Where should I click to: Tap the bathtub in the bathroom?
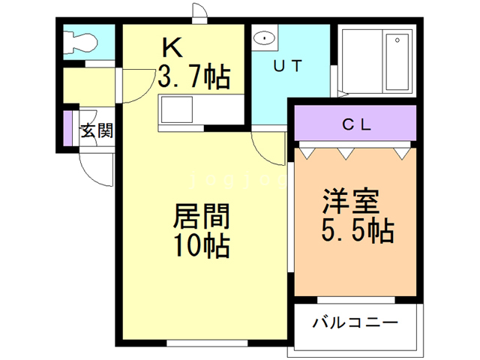[x=397, y=61]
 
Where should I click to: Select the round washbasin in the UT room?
[x=263, y=38]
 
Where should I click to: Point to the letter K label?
[x=173, y=48]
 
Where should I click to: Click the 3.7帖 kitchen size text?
[x=194, y=76]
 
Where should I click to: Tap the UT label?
[x=287, y=66]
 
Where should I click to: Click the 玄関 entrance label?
[x=97, y=132]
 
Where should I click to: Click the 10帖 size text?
[x=200, y=245]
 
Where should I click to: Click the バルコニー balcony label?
[x=355, y=324]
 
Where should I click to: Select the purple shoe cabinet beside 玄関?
[x=67, y=130]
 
